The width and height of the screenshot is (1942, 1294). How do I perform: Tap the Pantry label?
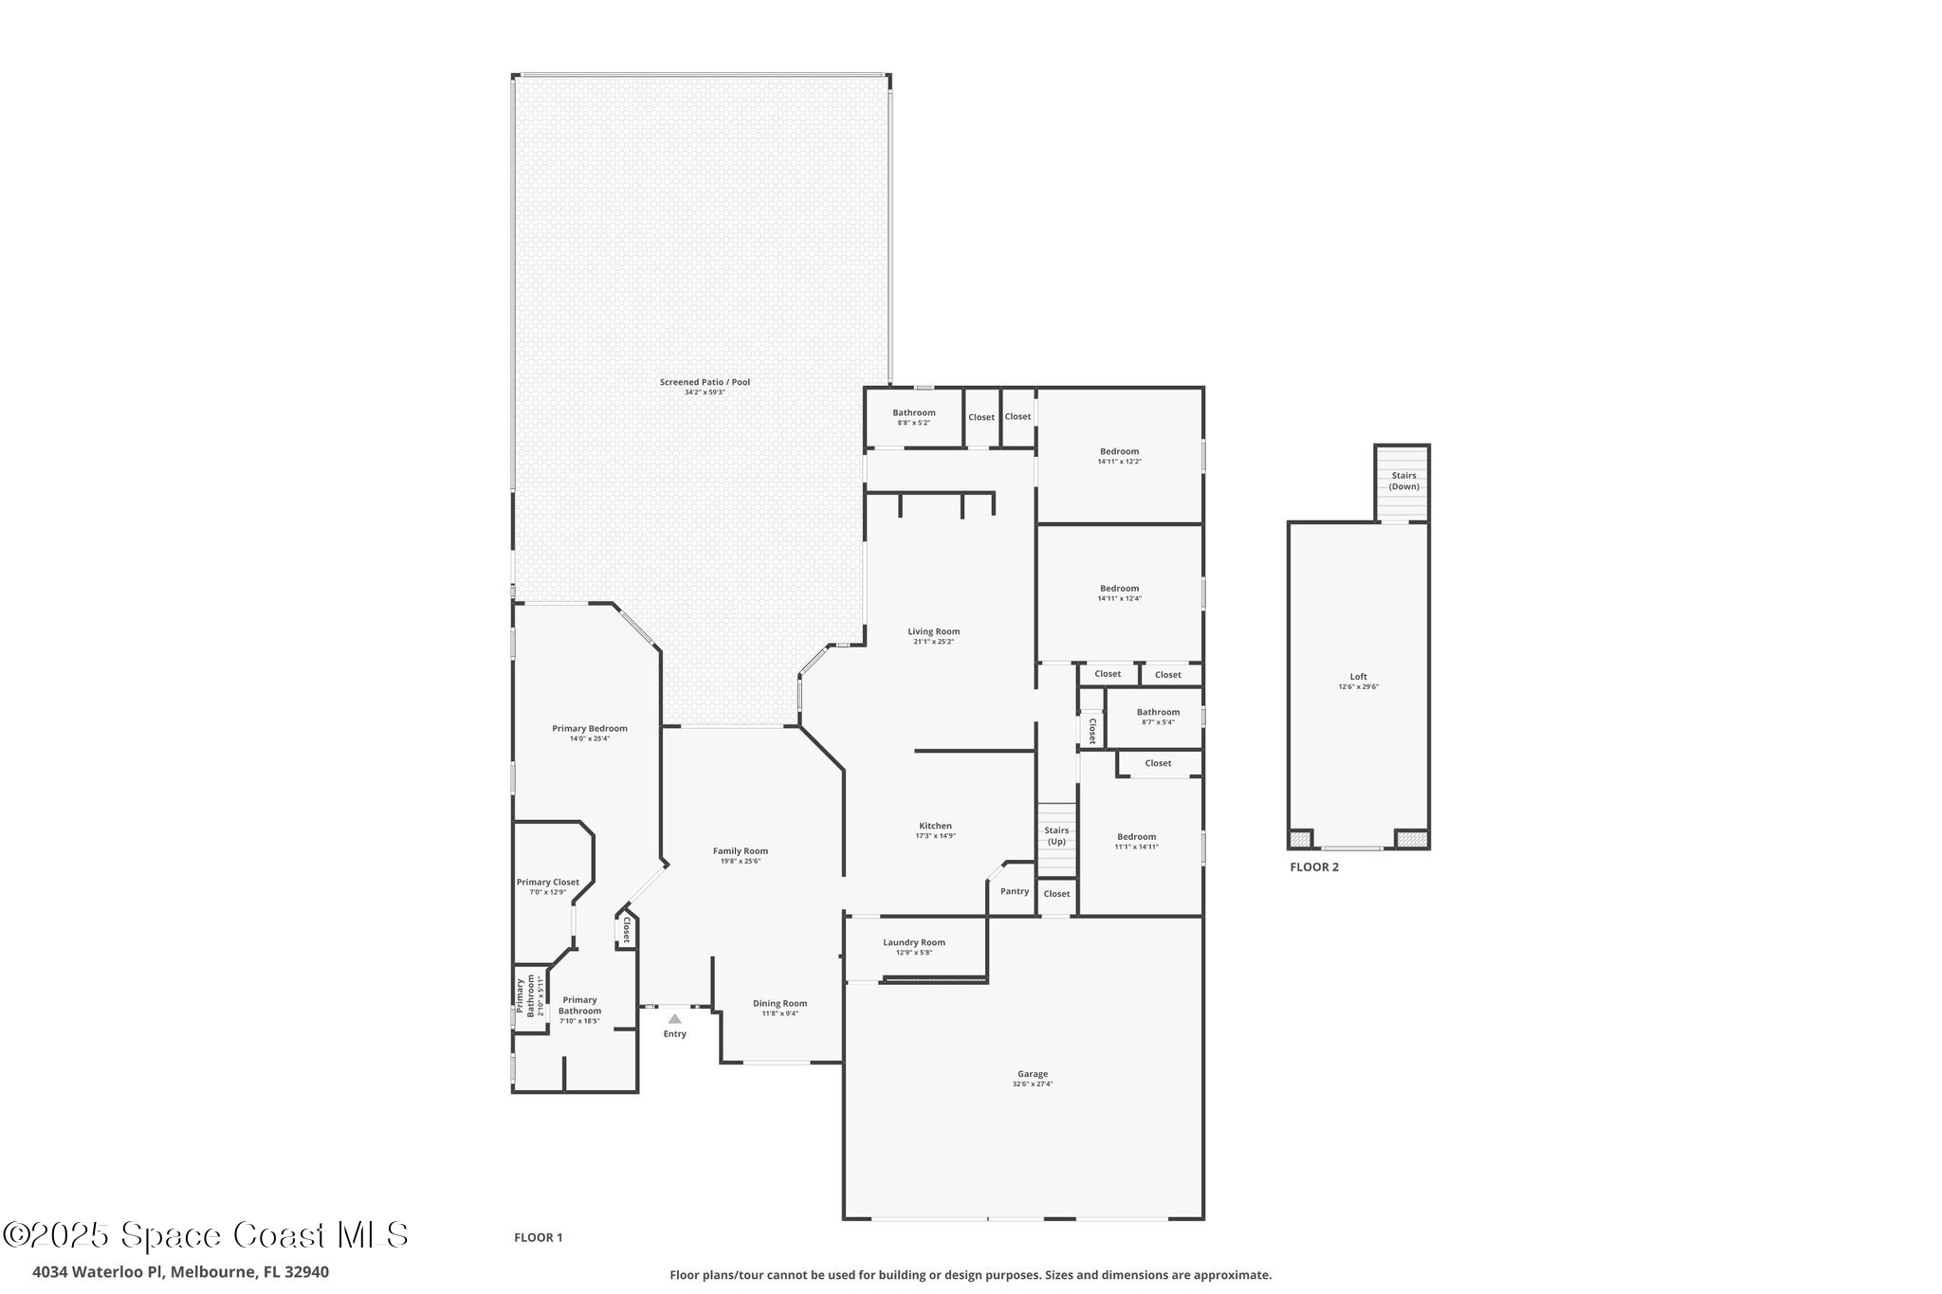pyautogui.click(x=1014, y=891)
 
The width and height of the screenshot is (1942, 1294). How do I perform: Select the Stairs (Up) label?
pyautogui.click(x=1056, y=835)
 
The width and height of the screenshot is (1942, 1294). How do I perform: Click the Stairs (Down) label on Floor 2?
pyautogui.click(x=1403, y=481)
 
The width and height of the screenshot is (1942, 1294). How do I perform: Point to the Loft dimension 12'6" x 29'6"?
pyautogui.click(x=1358, y=686)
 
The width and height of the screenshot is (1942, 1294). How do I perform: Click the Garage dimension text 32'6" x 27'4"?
pyautogui.click(x=1032, y=1084)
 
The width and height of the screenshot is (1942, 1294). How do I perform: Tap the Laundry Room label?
pyautogui.click(x=913, y=942)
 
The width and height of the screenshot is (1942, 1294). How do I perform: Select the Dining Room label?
pyautogui.click(x=779, y=1003)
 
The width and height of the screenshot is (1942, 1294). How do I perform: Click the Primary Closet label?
pyautogui.click(x=547, y=882)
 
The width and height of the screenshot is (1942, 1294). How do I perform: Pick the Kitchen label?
pyautogui.click(x=935, y=826)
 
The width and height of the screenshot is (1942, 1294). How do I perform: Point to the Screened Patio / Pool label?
pyautogui.click(x=705, y=382)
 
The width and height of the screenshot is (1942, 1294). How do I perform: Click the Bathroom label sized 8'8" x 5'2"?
pyautogui.click(x=913, y=412)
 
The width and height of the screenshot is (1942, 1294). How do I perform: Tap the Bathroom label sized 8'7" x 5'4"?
pyautogui.click(x=1158, y=712)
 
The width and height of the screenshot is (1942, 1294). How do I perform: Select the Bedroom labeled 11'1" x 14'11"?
pyautogui.click(x=1136, y=836)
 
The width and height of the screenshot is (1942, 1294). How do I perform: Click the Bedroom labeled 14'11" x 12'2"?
pyautogui.click(x=1119, y=451)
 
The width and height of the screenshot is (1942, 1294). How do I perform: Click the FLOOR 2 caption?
pyautogui.click(x=1314, y=866)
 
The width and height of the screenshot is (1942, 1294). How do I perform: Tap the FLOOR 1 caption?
pyautogui.click(x=538, y=1237)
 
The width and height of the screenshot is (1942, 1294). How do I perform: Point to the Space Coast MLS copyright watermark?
pyautogui.click(x=206, y=1235)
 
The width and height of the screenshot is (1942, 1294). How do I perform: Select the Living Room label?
pyautogui.click(x=933, y=631)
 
